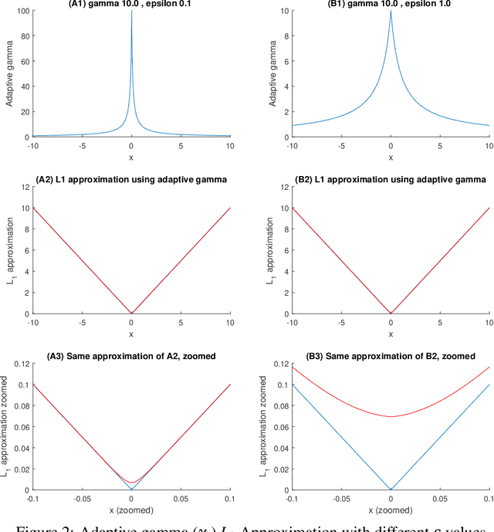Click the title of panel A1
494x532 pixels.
[x=131, y=5]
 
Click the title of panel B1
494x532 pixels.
[x=391, y=5]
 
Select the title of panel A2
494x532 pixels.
[x=131, y=179]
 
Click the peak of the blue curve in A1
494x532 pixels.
[x=131, y=13]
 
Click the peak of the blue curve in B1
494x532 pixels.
[x=391, y=13]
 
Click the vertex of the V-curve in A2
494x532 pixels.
[x=131, y=313]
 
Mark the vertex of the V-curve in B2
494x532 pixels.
[x=391, y=313]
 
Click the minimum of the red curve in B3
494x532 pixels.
[x=391, y=417]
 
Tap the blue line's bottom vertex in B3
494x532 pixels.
[x=391, y=489]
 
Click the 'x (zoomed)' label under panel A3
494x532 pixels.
[x=131, y=510]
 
